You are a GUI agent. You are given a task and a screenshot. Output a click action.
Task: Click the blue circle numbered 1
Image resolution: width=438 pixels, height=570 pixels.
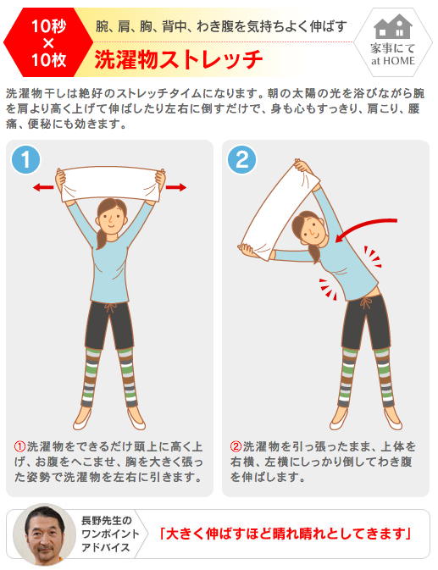[x=25, y=159]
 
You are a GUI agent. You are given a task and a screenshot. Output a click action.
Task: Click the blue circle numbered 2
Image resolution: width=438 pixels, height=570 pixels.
[x=241, y=159]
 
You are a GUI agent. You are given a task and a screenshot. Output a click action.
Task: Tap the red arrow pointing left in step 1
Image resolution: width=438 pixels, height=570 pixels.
[x=43, y=187]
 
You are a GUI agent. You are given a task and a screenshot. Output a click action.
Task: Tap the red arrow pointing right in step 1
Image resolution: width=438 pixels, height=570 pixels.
[x=176, y=187]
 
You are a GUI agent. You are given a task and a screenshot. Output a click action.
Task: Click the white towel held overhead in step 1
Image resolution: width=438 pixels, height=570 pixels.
[x=110, y=184]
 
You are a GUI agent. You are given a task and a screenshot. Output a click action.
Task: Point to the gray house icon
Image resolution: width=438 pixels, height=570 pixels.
[x=392, y=26]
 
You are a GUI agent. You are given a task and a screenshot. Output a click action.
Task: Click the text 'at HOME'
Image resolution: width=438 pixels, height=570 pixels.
[x=392, y=61]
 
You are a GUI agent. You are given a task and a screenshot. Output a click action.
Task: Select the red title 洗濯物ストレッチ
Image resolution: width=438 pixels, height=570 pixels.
[x=179, y=59]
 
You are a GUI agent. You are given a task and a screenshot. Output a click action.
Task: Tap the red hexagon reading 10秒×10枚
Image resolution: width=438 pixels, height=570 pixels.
[x=48, y=42]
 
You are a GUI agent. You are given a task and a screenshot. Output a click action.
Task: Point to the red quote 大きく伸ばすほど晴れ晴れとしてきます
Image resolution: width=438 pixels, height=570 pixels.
[x=286, y=534]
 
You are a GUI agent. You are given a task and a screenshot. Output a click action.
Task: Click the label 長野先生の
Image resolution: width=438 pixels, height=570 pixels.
[x=106, y=521]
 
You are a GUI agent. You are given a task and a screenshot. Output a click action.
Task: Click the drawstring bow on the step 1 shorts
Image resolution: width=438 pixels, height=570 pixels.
[x=110, y=308]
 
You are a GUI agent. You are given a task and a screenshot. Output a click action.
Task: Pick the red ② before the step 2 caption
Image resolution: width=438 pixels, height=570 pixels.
[x=236, y=446]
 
